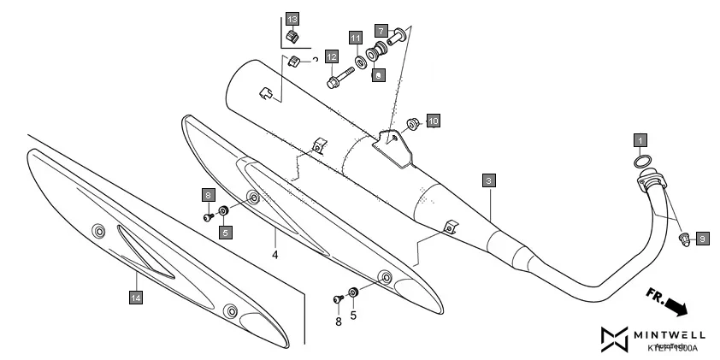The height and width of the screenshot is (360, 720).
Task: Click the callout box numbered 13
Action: pyautogui.click(x=292, y=19)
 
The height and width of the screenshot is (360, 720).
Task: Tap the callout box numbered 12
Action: pyautogui.click(x=331, y=56)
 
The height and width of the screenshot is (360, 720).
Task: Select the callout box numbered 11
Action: pyautogui.click(x=355, y=37)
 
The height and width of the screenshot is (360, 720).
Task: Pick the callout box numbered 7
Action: pyautogui.click(x=381, y=30)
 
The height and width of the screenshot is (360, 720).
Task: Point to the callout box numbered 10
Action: pyautogui.click(x=433, y=121)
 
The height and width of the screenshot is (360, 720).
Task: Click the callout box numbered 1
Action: pyautogui.click(x=640, y=138)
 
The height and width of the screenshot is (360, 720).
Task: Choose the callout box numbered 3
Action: pyautogui.click(x=487, y=180)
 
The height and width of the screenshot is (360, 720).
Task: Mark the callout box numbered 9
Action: pyautogui.click(x=702, y=239)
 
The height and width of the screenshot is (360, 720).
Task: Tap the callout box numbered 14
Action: pyautogui.click(x=135, y=297)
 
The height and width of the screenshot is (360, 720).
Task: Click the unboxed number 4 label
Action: pyautogui.click(x=275, y=254)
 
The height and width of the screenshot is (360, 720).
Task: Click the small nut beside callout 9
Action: pyautogui.click(x=684, y=238)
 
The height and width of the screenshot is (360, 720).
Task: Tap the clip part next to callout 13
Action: pyautogui.click(x=292, y=37)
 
